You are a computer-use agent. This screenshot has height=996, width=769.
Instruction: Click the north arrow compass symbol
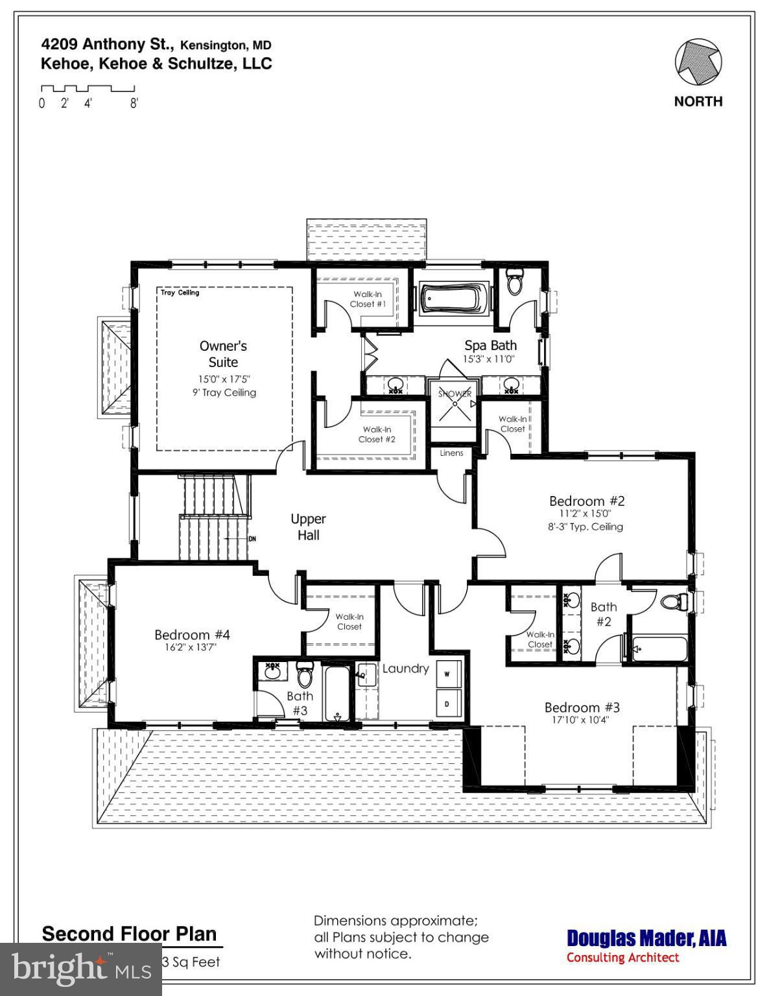(698, 63)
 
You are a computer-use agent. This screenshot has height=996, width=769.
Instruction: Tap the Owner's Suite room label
(223, 354)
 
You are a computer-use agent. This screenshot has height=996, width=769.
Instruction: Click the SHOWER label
(455, 394)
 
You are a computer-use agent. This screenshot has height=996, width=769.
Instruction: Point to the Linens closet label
(451, 453)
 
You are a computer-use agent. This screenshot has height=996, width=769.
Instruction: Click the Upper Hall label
(308, 527)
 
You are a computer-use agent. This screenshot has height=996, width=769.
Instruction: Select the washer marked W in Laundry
(447, 674)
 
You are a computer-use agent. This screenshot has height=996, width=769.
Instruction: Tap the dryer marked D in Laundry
(447, 703)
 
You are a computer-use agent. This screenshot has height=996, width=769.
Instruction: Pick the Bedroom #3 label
(582, 707)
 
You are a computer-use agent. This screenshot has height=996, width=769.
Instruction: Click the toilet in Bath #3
(304, 675)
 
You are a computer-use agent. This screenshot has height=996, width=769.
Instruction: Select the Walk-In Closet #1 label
(368, 299)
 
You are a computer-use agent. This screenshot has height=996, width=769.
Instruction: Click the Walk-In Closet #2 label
(377, 434)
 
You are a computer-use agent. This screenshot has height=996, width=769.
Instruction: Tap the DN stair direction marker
(252, 539)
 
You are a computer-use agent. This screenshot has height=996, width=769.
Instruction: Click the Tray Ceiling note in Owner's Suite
(180, 293)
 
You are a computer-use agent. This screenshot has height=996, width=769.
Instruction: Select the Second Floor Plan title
(129, 934)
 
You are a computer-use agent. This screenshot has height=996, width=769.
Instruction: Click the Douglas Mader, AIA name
(646, 938)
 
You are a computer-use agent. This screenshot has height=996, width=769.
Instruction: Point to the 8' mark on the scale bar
(134, 103)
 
